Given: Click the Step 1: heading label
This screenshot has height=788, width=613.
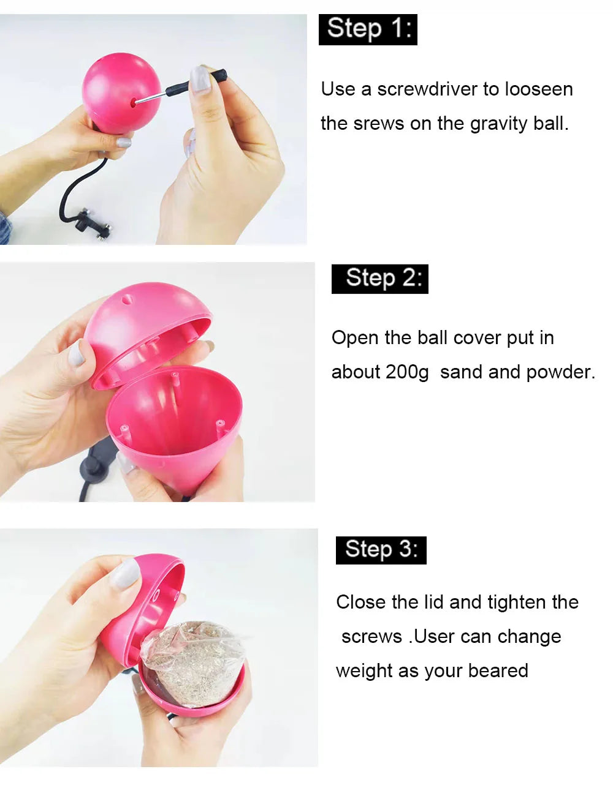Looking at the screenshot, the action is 368,30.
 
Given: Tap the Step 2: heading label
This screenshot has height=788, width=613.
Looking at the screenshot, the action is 380,279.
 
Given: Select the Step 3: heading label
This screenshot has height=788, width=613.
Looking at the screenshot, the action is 381,550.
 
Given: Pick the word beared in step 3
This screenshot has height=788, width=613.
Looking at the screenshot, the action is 498,670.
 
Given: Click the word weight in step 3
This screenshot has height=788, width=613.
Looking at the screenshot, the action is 364,671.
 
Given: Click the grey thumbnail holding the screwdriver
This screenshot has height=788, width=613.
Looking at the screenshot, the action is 200,79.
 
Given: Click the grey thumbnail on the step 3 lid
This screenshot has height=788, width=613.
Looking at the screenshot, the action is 125,574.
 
